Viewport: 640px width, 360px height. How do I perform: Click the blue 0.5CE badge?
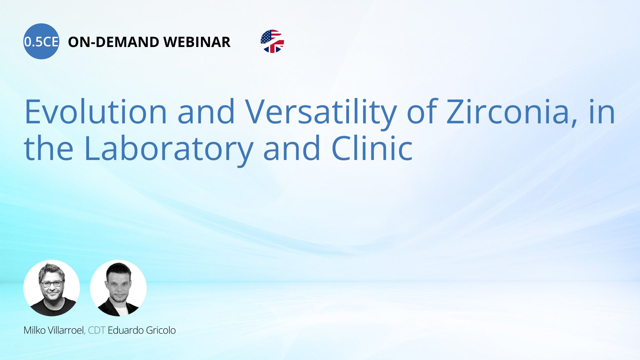[x=41, y=41]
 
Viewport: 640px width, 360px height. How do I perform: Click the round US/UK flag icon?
[x=272, y=41]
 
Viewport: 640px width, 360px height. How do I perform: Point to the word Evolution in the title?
[x=96, y=111]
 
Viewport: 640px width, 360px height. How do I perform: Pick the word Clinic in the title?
[x=372, y=147]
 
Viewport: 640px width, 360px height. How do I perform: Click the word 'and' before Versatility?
[x=206, y=111]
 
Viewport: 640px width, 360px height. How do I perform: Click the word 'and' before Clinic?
[x=292, y=148]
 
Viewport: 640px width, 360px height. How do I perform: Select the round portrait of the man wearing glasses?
[x=52, y=288]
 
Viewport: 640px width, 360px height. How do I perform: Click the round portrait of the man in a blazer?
[x=118, y=288]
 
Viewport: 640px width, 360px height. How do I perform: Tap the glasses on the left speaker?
[x=52, y=284]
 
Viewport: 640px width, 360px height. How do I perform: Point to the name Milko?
[x=35, y=330]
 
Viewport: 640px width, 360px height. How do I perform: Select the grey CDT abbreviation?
[x=97, y=330]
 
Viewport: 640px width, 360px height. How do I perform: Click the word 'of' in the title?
[x=422, y=111]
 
